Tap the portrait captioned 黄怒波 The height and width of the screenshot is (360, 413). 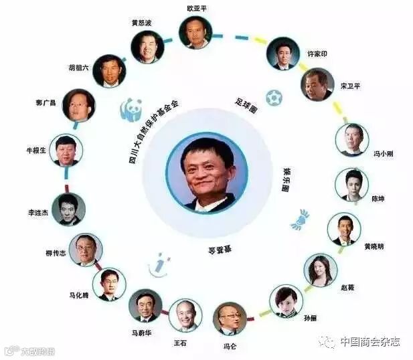pyautogui.click(x=147, y=47)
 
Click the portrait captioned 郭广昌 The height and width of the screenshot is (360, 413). pyautogui.click(x=79, y=104)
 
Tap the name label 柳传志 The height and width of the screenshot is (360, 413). pyautogui.click(x=56, y=252)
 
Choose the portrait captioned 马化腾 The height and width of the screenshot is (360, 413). pyautogui.click(x=108, y=284)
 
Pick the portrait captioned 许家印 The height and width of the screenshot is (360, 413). pyautogui.click(x=282, y=53)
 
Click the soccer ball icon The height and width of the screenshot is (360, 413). pyautogui.click(x=273, y=98)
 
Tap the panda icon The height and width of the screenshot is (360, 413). pyautogui.click(x=131, y=108)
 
